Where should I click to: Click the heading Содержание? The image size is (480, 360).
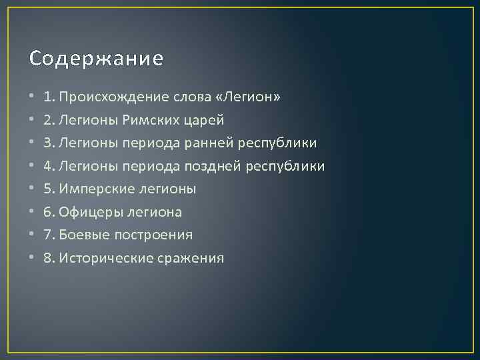pos(96,59)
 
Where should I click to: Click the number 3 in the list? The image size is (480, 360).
pos(47,143)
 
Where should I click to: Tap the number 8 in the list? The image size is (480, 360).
pos(47,258)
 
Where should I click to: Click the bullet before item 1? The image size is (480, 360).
pos(32,98)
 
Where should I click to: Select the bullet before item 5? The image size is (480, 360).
pos(32,189)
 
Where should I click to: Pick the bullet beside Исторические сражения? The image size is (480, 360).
pos(32,258)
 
